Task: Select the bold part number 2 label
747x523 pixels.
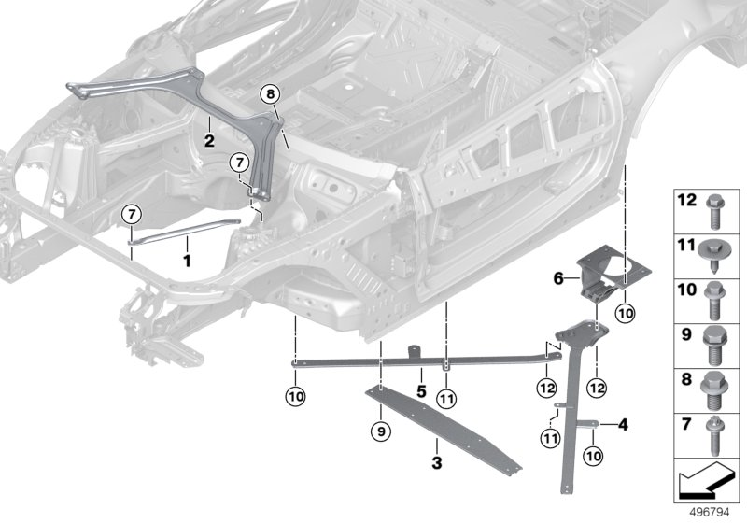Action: pos(210,141)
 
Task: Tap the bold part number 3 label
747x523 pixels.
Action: pos(436,461)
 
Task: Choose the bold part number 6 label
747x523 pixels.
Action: pos(558,277)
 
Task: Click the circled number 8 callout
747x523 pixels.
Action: pos(269,93)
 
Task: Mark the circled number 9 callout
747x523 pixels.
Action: pos(379,431)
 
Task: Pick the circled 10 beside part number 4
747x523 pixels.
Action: pos(594,455)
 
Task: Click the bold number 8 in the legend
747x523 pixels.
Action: pos(686,381)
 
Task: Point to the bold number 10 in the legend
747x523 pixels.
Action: pos(686,290)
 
